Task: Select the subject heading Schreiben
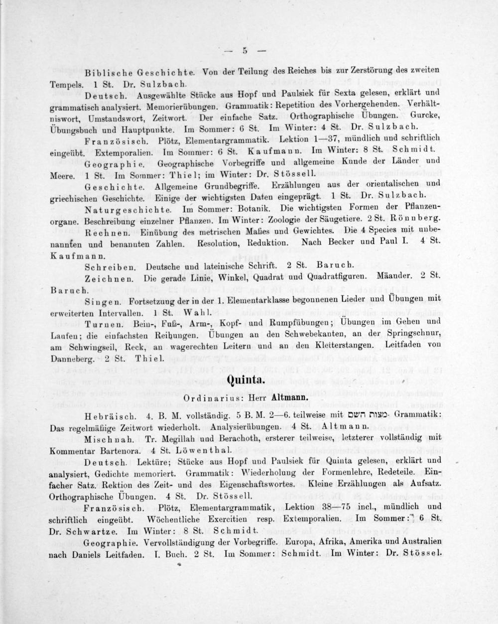(x=111, y=265)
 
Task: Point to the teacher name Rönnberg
(x=419, y=219)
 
